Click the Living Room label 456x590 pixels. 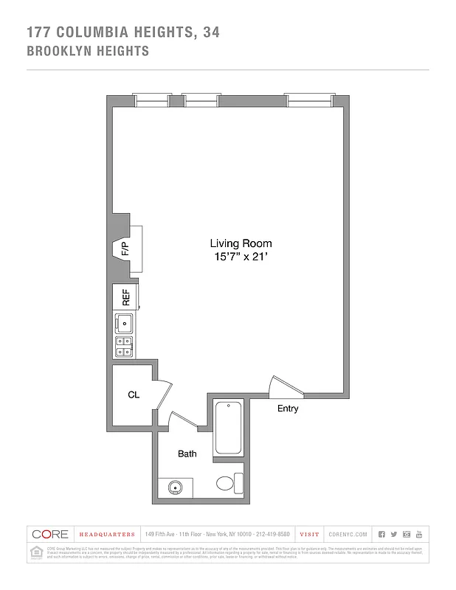pyautogui.click(x=241, y=243)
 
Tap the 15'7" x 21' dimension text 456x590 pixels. pyautogui.click(x=241, y=257)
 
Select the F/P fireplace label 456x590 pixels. pyautogui.click(x=125, y=249)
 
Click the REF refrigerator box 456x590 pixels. pyautogui.click(x=125, y=297)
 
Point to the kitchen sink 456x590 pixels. pyautogui.click(x=125, y=322)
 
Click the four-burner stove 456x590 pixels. pyautogui.click(x=125, y=346)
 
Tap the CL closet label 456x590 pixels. pyautogui.click(x=134, y=395)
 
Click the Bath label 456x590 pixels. pyautogui.click(x=187, y=454)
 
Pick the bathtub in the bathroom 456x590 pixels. pyautogui.click(x=228, y=428)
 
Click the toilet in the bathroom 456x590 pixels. pyautogui.click(x=229, y=484)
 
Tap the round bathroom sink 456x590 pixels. pyautogui.click(x=176, y=487)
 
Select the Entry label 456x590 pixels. pyautogui.click(x=288, y=409)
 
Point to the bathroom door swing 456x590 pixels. pyautogui.click(x=182, y=420)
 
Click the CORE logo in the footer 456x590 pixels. pyautogui.click(x=49, y=534)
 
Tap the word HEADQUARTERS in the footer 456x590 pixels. pyautogui.click(x=107, y=534)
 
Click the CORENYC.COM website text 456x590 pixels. pyautogui.click(x=348, y=534)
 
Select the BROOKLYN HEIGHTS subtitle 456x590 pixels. pyautogui.click(x=88, y=52)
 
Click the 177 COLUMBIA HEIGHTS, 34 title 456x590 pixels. pyautogui.click(x=122, y=32)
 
